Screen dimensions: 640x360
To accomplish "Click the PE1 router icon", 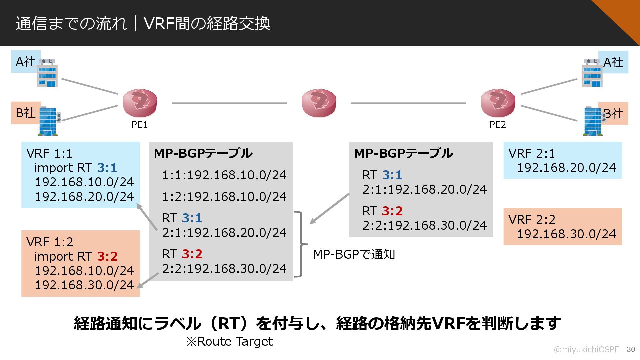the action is click(140, 102).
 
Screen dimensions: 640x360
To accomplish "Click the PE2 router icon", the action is click(498, 102).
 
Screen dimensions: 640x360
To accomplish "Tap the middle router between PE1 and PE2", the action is click(319, 103).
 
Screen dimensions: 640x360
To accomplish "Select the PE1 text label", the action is click(140, 125).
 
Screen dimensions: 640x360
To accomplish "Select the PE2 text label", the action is click(498, 125).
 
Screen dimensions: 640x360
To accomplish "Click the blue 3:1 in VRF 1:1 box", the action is click(107, 168).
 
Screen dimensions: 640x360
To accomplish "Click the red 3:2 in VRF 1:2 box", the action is click(107, 256).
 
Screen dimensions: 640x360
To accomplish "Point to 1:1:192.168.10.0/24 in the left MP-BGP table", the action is click(224, 175).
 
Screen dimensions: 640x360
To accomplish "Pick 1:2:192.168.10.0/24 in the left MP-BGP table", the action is click(224, 197).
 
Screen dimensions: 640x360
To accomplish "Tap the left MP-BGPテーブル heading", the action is click(203, 153).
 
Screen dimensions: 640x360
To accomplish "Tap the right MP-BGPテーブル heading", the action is click(403, 153).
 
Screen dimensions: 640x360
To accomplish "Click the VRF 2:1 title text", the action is click(531, 153).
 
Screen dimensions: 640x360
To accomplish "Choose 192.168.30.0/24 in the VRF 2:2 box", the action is click(566, 234).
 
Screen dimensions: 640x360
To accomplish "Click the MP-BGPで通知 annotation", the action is click(354, 254).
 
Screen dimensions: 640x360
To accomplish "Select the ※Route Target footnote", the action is click(229, 341).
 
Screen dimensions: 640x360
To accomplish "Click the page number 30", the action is click(631, 349).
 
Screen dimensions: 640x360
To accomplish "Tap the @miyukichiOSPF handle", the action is click(586, 349).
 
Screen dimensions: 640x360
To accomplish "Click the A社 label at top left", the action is click(25, 62).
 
